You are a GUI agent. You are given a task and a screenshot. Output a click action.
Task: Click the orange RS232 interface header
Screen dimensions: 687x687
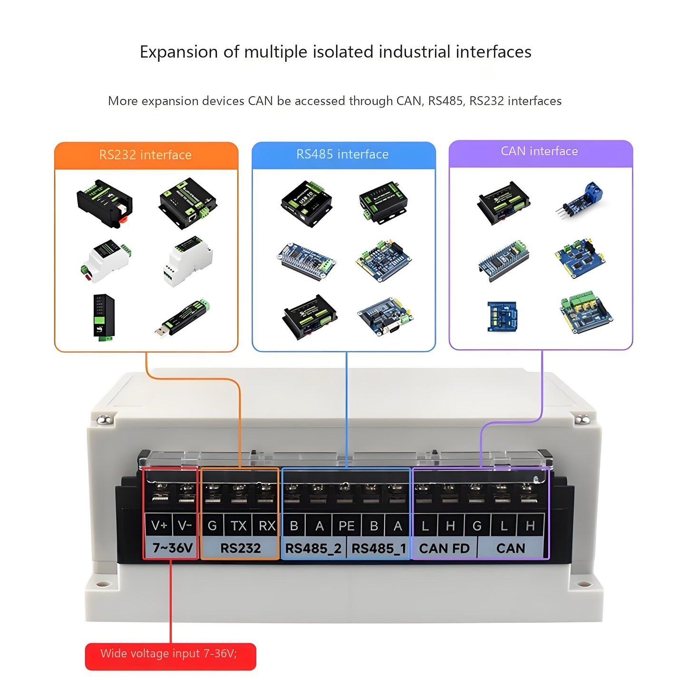pyautogui.click(x=146, y=155)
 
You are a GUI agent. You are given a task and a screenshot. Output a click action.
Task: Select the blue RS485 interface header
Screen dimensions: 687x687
pyautogui.click(x=343, y=155)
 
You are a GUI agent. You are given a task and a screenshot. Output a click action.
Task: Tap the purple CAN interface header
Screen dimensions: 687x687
pyautogui.click(x=540, y=152)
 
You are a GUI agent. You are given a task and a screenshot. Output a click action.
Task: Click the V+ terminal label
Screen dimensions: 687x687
pyautogui.click(x=159, y=525)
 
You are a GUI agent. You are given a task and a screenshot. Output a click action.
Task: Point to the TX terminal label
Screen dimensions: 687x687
pyautogui.click(x=238, y=525)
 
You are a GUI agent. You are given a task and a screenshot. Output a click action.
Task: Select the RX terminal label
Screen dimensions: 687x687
pyautogui.click(x=267, y=525)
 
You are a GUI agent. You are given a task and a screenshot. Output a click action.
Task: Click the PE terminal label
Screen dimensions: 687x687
pyautogui.click(x=346, y=526)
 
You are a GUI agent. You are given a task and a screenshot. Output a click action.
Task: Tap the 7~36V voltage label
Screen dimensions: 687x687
pyautogui.click(x=172, y=548)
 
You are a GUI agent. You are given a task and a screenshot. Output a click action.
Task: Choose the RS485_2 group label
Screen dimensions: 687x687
pyautogui.click(x=313, y=549)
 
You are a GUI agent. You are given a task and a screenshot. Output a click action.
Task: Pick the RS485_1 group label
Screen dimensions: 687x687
pyautogui.click(x=378, y=549)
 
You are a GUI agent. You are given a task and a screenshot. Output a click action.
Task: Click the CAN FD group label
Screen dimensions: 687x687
pyautogui.click(x=444, y=549)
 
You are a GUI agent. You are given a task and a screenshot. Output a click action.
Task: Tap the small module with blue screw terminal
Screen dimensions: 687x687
pyautogui.click(x=580, y=199)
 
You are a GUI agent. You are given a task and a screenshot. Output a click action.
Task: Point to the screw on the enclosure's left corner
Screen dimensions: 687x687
pyautogui.click(x=104, y=420)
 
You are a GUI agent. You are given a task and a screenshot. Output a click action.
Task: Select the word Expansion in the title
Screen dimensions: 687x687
pyautogui.click(x=178, y=52)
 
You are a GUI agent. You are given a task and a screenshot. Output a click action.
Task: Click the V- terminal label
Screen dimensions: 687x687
pyautogui.click(x=185, y=525)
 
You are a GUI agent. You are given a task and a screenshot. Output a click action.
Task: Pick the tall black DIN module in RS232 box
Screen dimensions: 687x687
pyautogui.click(x=104, y=317)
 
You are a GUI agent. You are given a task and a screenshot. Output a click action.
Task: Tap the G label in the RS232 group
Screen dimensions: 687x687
pyautogui.click(x=212, y=525)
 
